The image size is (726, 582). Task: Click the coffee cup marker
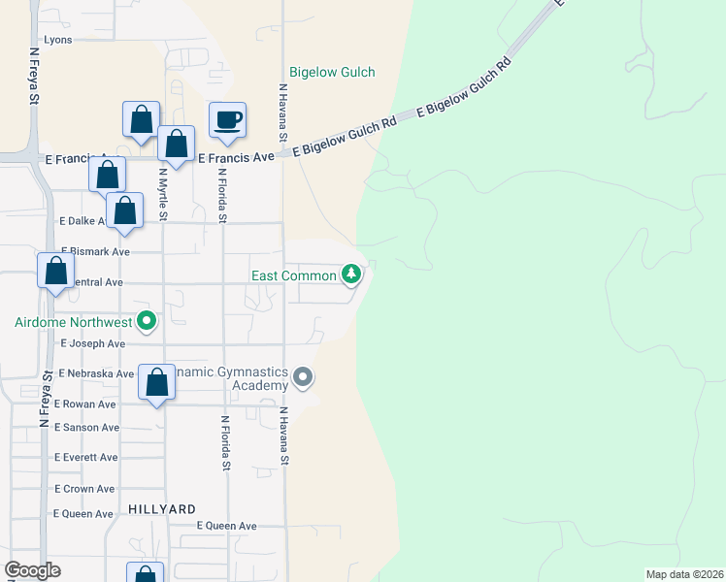(x=227, y=120)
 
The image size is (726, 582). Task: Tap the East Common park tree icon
(x=351, y=275)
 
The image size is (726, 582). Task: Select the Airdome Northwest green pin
(x=147, y=319)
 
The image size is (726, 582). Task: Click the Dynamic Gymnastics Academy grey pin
(x=303, y=376)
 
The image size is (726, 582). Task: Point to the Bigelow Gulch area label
(x=332, y=72)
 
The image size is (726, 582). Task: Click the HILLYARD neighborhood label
(x=162, y=508)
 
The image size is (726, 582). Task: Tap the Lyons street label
(x=58, y=41)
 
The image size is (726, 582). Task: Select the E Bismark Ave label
(x=95, y=251)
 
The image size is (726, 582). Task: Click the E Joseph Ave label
(x=93, y=343)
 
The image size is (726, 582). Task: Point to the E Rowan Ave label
(x=85, y=404)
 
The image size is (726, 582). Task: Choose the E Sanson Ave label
(x=87, y=427)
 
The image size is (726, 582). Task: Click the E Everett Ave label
(x=86, y=457)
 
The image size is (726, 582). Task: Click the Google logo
(x=32, y=570)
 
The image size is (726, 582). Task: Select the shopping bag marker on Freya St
(x=55, y=271)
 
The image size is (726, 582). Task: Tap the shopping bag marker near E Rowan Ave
(x=156, y=382)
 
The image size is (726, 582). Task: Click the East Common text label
(x=294, y=275)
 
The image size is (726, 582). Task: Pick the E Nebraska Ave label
(x=96, y=373)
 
